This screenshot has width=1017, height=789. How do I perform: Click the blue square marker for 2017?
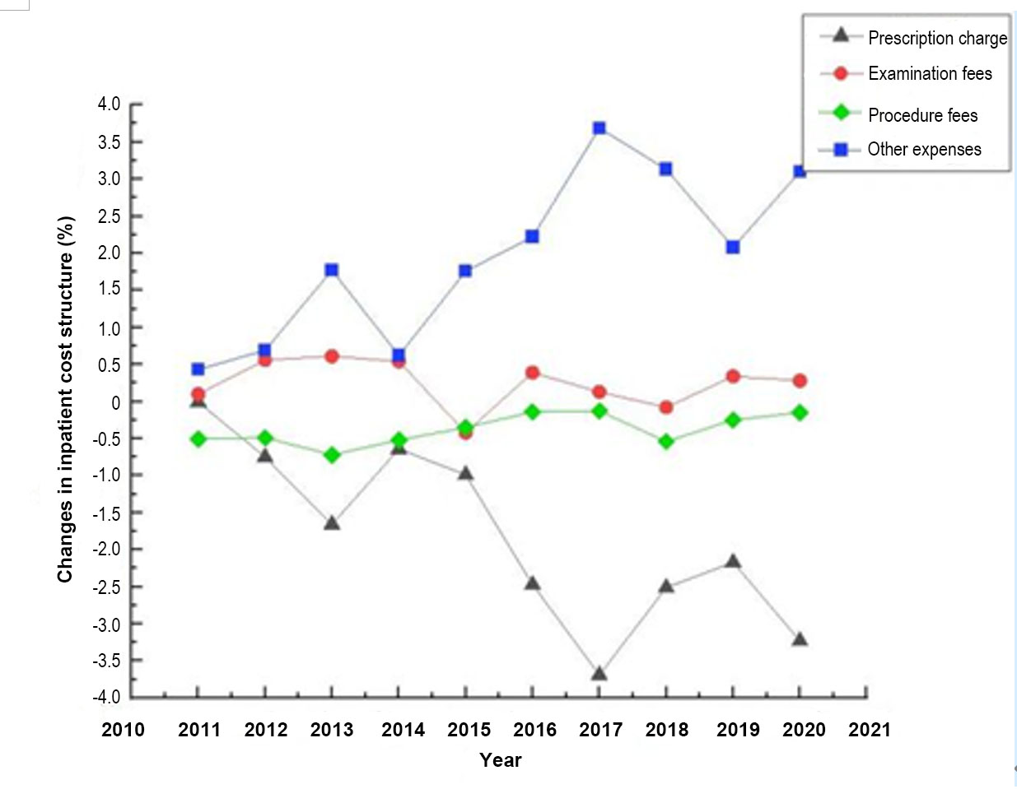(599, 128)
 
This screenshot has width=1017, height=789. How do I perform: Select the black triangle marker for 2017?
(599, 674)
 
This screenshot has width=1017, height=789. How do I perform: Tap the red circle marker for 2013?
(332, 356)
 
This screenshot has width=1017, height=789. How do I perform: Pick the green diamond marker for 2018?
(666, 442)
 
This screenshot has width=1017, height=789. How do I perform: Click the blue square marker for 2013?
(332, 270)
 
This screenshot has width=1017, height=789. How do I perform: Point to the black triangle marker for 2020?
(799, 639)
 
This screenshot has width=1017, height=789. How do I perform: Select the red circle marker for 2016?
(532, 373)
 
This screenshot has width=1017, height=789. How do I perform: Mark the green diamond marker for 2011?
(198, 439)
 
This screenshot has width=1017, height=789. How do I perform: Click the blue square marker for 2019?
(733, 247)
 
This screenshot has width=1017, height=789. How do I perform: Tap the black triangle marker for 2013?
(332, 523)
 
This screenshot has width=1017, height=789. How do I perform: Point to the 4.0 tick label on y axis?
(108, 104)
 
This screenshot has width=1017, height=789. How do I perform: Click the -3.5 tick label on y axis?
(106, 661)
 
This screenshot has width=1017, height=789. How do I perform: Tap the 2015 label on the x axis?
(469, 730)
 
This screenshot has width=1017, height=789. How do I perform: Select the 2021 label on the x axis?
(870, 730)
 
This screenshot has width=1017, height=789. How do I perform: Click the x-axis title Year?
(501, 760)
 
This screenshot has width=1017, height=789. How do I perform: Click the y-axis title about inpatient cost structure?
(66, 400)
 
